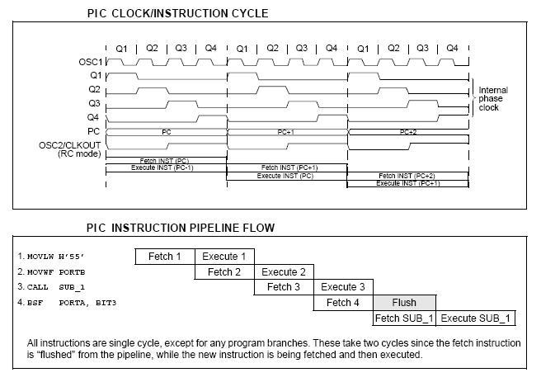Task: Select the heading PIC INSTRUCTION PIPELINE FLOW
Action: pos(181,228)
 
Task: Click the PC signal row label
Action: pos(94,131)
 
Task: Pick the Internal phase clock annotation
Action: pos(493,99)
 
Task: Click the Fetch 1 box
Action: pos(165,257)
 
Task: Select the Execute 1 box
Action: pos(224,257)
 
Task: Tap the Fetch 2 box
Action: pos(224,271)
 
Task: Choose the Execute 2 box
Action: pos(284,271)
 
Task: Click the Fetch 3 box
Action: pos(284,287)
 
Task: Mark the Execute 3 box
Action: pos(343,287)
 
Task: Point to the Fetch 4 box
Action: pos(343,303)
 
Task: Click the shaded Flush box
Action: pos(404,303)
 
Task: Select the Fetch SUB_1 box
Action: pos(404,318)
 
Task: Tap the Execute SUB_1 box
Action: pos(475,318)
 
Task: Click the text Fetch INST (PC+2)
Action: pos(407,176)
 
